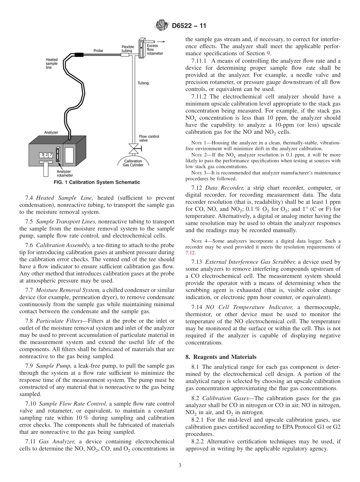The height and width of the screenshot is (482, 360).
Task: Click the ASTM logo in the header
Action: pos(161,26)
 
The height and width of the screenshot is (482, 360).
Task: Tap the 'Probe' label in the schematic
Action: pos(98,51)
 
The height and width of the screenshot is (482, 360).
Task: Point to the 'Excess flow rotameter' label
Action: pos(155,50)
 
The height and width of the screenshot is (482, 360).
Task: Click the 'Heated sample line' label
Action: pos(52,63)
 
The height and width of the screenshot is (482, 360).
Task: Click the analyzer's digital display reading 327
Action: pos(46,155)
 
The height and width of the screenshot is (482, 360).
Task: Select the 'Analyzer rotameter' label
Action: pos(65,173)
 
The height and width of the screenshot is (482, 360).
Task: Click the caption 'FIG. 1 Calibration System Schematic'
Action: pos(97,182)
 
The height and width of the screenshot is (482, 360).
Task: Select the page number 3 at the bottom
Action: pos(180,465)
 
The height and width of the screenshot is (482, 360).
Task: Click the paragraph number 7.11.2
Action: pos(200,96)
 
